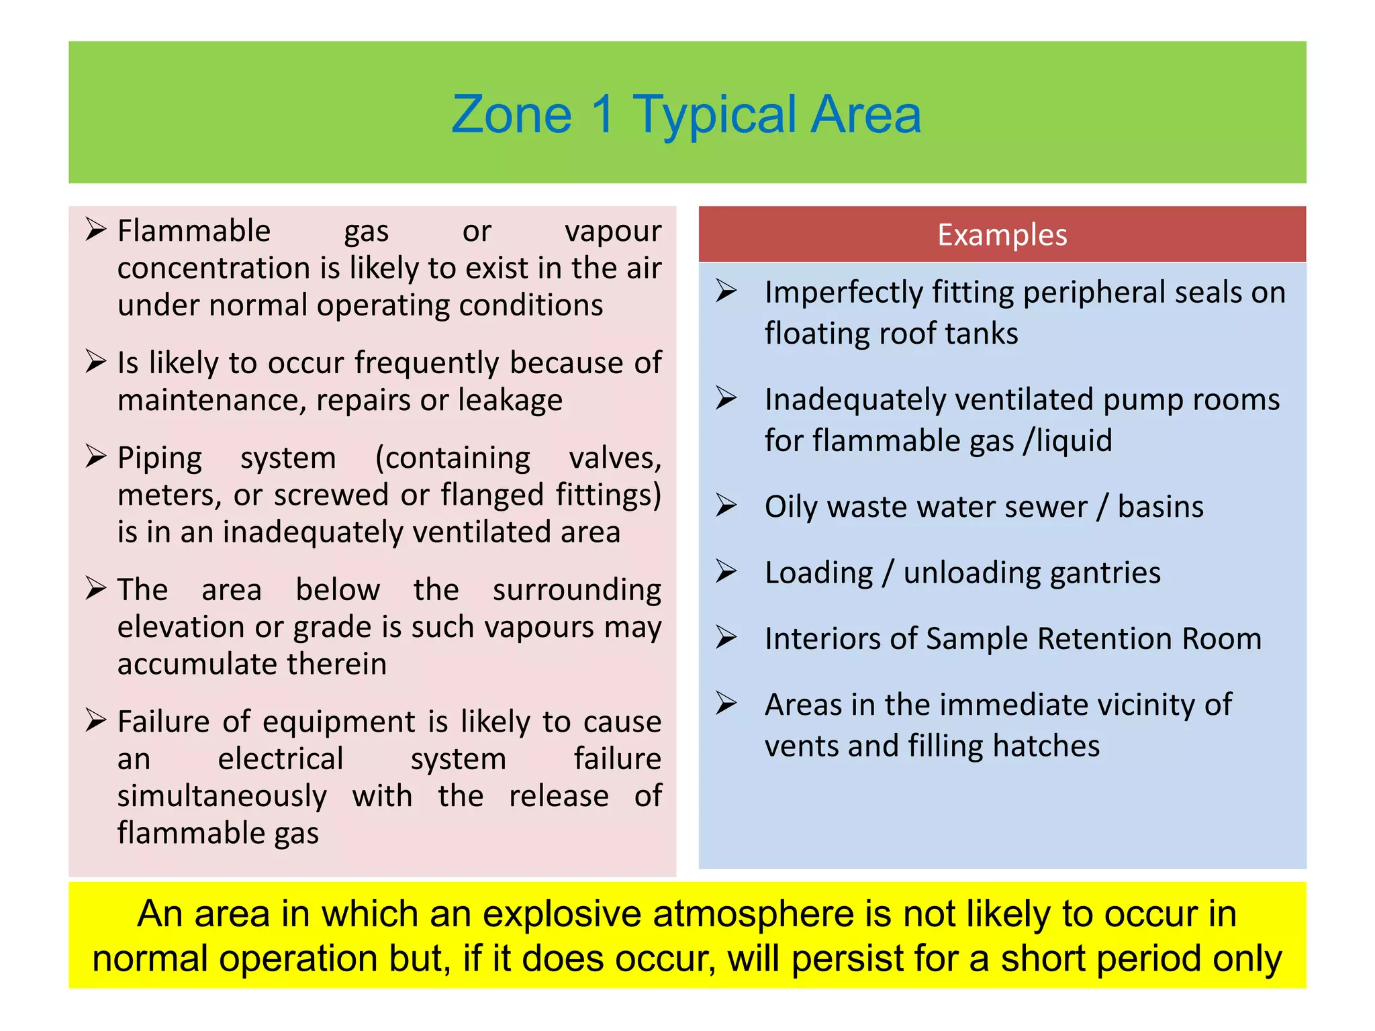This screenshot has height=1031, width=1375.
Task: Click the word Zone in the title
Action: pos(511,115)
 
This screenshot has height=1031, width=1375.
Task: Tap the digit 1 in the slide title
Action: pos(603,115)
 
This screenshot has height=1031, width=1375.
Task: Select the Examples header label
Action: pos(1002,235)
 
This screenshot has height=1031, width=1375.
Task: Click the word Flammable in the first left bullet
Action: pos(194,232)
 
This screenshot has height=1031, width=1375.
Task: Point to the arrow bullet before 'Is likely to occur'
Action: pos(96,362)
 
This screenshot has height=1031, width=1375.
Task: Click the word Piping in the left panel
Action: pos(160,458)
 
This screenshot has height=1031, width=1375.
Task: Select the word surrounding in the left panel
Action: pos(577,591)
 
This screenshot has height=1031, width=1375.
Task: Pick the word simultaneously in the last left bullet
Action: pos(222,797)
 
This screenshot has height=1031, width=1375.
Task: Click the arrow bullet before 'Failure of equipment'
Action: pos(96,721)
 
